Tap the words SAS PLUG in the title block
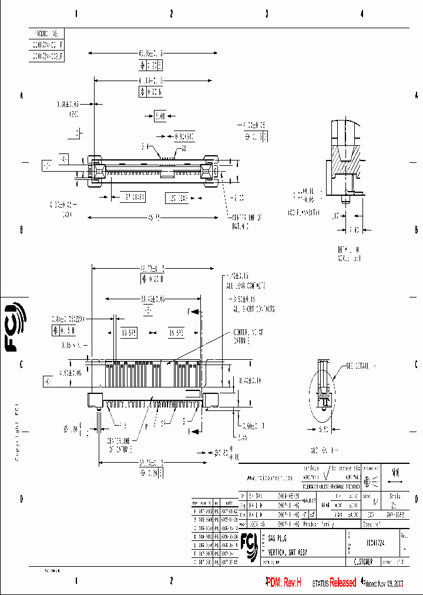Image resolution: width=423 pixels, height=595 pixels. tap(278, 539)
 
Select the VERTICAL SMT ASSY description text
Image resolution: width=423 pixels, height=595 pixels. tap(288, 553)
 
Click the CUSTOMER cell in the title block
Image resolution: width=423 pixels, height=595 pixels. tap(365, 562)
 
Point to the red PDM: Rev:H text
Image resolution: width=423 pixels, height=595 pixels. tap(283, 583)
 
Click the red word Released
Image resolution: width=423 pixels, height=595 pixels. tap(343, 583)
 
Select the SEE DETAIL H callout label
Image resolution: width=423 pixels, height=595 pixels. tap(353, 365)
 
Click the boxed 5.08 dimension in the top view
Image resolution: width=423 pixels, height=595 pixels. tap(160, 116)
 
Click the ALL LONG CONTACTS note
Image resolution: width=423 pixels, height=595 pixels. tap(246, 286)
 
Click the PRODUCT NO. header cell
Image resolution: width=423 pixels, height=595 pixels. tap(46, 34)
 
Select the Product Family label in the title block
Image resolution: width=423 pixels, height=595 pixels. tap(320, 523)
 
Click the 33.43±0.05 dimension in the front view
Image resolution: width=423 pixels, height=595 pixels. tap(151, 298)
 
